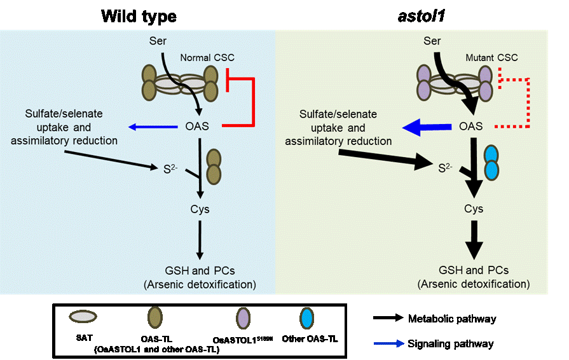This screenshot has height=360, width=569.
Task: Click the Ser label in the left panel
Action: tap(157, 41)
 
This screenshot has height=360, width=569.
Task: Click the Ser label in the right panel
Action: tap(432, 41)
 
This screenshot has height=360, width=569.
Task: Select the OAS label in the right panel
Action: tap(470, 127)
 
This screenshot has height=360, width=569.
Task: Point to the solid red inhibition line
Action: tap(254, 102)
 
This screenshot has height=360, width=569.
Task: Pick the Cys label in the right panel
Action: tap(473, 209)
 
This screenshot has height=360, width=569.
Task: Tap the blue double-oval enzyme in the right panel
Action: tap(491, 162)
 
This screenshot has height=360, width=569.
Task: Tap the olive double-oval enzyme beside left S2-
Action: tap(214, 166)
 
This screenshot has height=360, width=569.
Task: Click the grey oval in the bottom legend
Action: tap(83, 316)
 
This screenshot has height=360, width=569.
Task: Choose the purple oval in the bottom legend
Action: tap(242, 317)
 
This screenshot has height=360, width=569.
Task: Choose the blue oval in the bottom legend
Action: tap(306, 317)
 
